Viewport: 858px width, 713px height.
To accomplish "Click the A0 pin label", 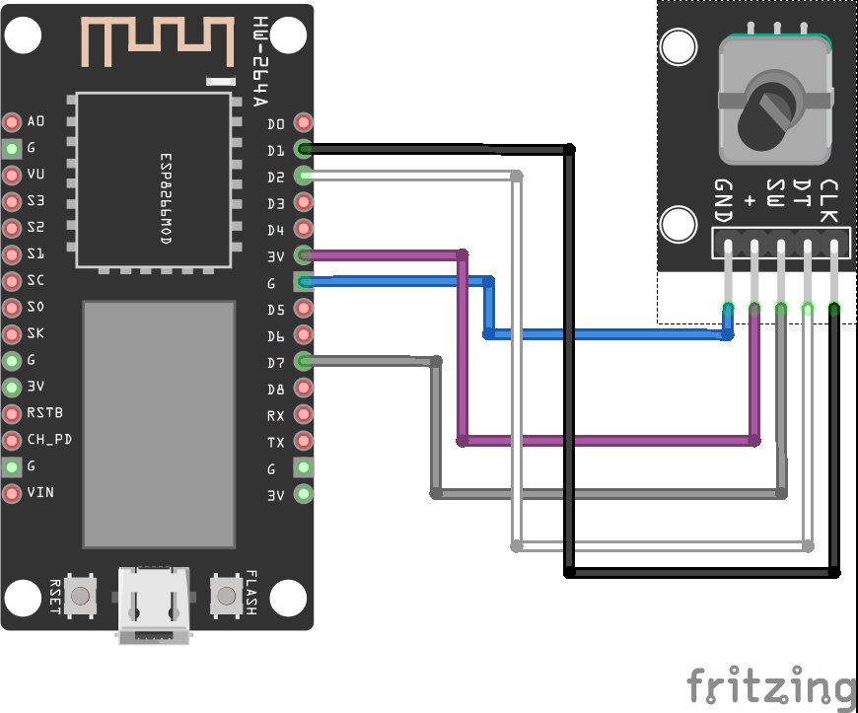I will tap(36, 122).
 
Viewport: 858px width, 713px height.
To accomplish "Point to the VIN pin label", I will tap(40, 492).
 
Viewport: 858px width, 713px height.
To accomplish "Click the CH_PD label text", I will tap(49, 439).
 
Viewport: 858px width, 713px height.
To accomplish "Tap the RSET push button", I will tap(82, 596).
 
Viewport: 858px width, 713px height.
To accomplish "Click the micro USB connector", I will tap(153, 604).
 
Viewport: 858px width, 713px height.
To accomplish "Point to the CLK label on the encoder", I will tap(830, 200).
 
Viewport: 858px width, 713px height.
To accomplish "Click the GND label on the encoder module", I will tap(724, 200).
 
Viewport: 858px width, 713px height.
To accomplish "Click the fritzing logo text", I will tap(770, 686).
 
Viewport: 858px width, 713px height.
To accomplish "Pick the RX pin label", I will tap(276, 416).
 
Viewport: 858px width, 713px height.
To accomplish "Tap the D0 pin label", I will tap(276, 124).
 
